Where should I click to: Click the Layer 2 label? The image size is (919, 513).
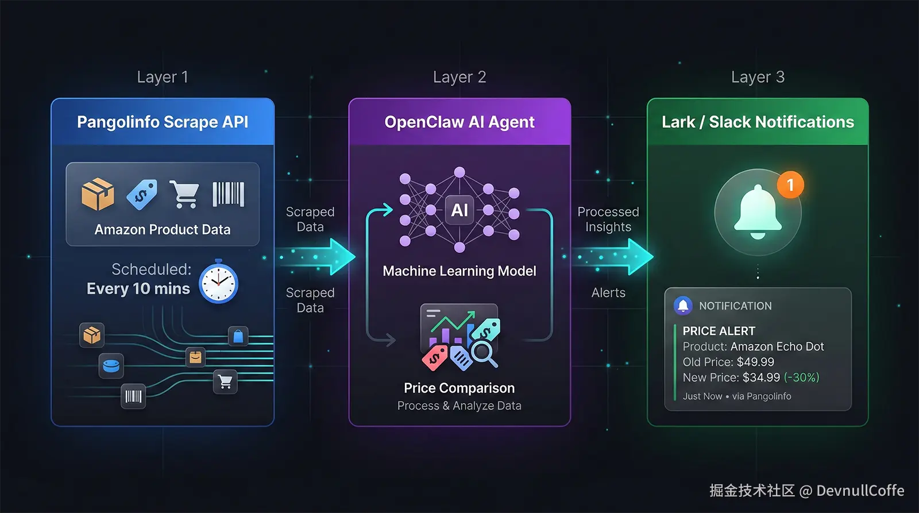tap(459, 77)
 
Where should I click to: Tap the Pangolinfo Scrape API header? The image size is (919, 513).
tap(163, 122)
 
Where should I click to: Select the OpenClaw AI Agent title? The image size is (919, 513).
tap(459, 122)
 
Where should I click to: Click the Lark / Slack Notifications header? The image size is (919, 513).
tap(758, 122)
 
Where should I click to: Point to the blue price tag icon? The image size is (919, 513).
tap(142, 194)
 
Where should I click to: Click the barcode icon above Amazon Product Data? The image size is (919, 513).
tap(229, 194)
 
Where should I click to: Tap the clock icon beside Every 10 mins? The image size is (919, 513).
tap(218, 281)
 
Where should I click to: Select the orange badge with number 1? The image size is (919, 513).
tap(790, 185)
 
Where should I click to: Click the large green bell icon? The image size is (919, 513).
tap(758, 211)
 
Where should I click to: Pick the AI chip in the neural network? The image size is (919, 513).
tap(459, 210)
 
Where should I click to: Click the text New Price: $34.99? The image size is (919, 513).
tap(731, 377)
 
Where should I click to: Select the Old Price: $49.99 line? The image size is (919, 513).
tap(728, 362)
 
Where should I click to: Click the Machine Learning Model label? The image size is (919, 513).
tap(459, 271)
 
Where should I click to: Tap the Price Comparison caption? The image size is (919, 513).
tap(459, 388)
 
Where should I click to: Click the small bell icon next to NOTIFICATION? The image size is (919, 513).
tap(683, 306)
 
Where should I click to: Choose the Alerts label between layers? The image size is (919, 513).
tap(608, 293)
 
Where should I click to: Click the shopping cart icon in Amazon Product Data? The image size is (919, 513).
tap(184, 194)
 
